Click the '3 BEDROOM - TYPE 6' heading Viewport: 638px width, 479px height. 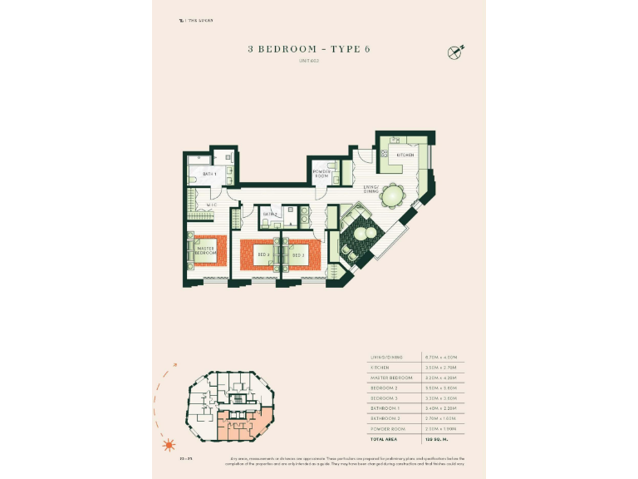pos(308,49)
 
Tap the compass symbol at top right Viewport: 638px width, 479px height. pos(454,51)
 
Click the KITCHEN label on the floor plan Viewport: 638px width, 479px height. pos(405,156)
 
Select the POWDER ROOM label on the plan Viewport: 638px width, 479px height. pos(322,175)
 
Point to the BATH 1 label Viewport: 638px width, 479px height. pos(209,174)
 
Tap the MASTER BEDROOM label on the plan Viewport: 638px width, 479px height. pos(206,249)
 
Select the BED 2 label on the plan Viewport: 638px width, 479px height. pos(298,254)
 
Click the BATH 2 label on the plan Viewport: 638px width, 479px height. pos(270,215)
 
